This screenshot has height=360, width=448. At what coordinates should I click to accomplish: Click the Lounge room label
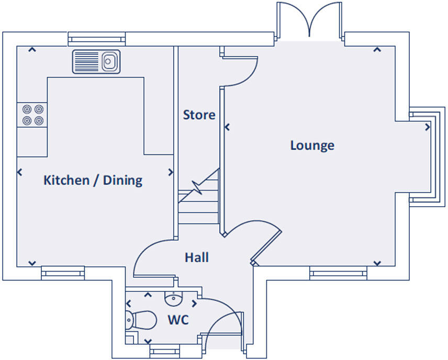[x=312, y=145]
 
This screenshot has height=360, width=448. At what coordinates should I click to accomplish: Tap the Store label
[x=199, y=115]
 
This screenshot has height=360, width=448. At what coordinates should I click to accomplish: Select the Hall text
[x=197, y=257]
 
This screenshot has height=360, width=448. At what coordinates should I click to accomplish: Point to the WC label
[x=178, y=320]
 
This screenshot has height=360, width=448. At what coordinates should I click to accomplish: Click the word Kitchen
[x=66, y=181]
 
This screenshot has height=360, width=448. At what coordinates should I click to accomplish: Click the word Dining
[x=122, y=181]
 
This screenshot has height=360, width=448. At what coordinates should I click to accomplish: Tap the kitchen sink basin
[x=108, y=61]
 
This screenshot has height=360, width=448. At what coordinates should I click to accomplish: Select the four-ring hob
[x=33, y=115]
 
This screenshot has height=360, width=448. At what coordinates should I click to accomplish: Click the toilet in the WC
[x=141, y=320]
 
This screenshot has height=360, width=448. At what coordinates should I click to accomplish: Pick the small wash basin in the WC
[x=173, y=299]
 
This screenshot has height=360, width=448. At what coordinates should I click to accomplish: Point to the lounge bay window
[x=427, y=156]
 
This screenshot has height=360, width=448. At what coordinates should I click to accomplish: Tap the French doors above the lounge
[x=309, y=20]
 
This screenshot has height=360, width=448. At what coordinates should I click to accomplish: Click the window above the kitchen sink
[x=97, y=39]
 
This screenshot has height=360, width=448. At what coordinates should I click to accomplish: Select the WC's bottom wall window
[x=165, y=351]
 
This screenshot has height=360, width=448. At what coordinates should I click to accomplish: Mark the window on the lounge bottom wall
[x=338, y=273]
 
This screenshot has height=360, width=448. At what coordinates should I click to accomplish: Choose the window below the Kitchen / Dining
[x=63, y=273]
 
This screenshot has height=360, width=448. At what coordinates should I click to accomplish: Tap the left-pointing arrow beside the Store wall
[x=227, y=127]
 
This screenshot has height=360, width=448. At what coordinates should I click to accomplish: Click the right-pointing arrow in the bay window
[x=428, y=127]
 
